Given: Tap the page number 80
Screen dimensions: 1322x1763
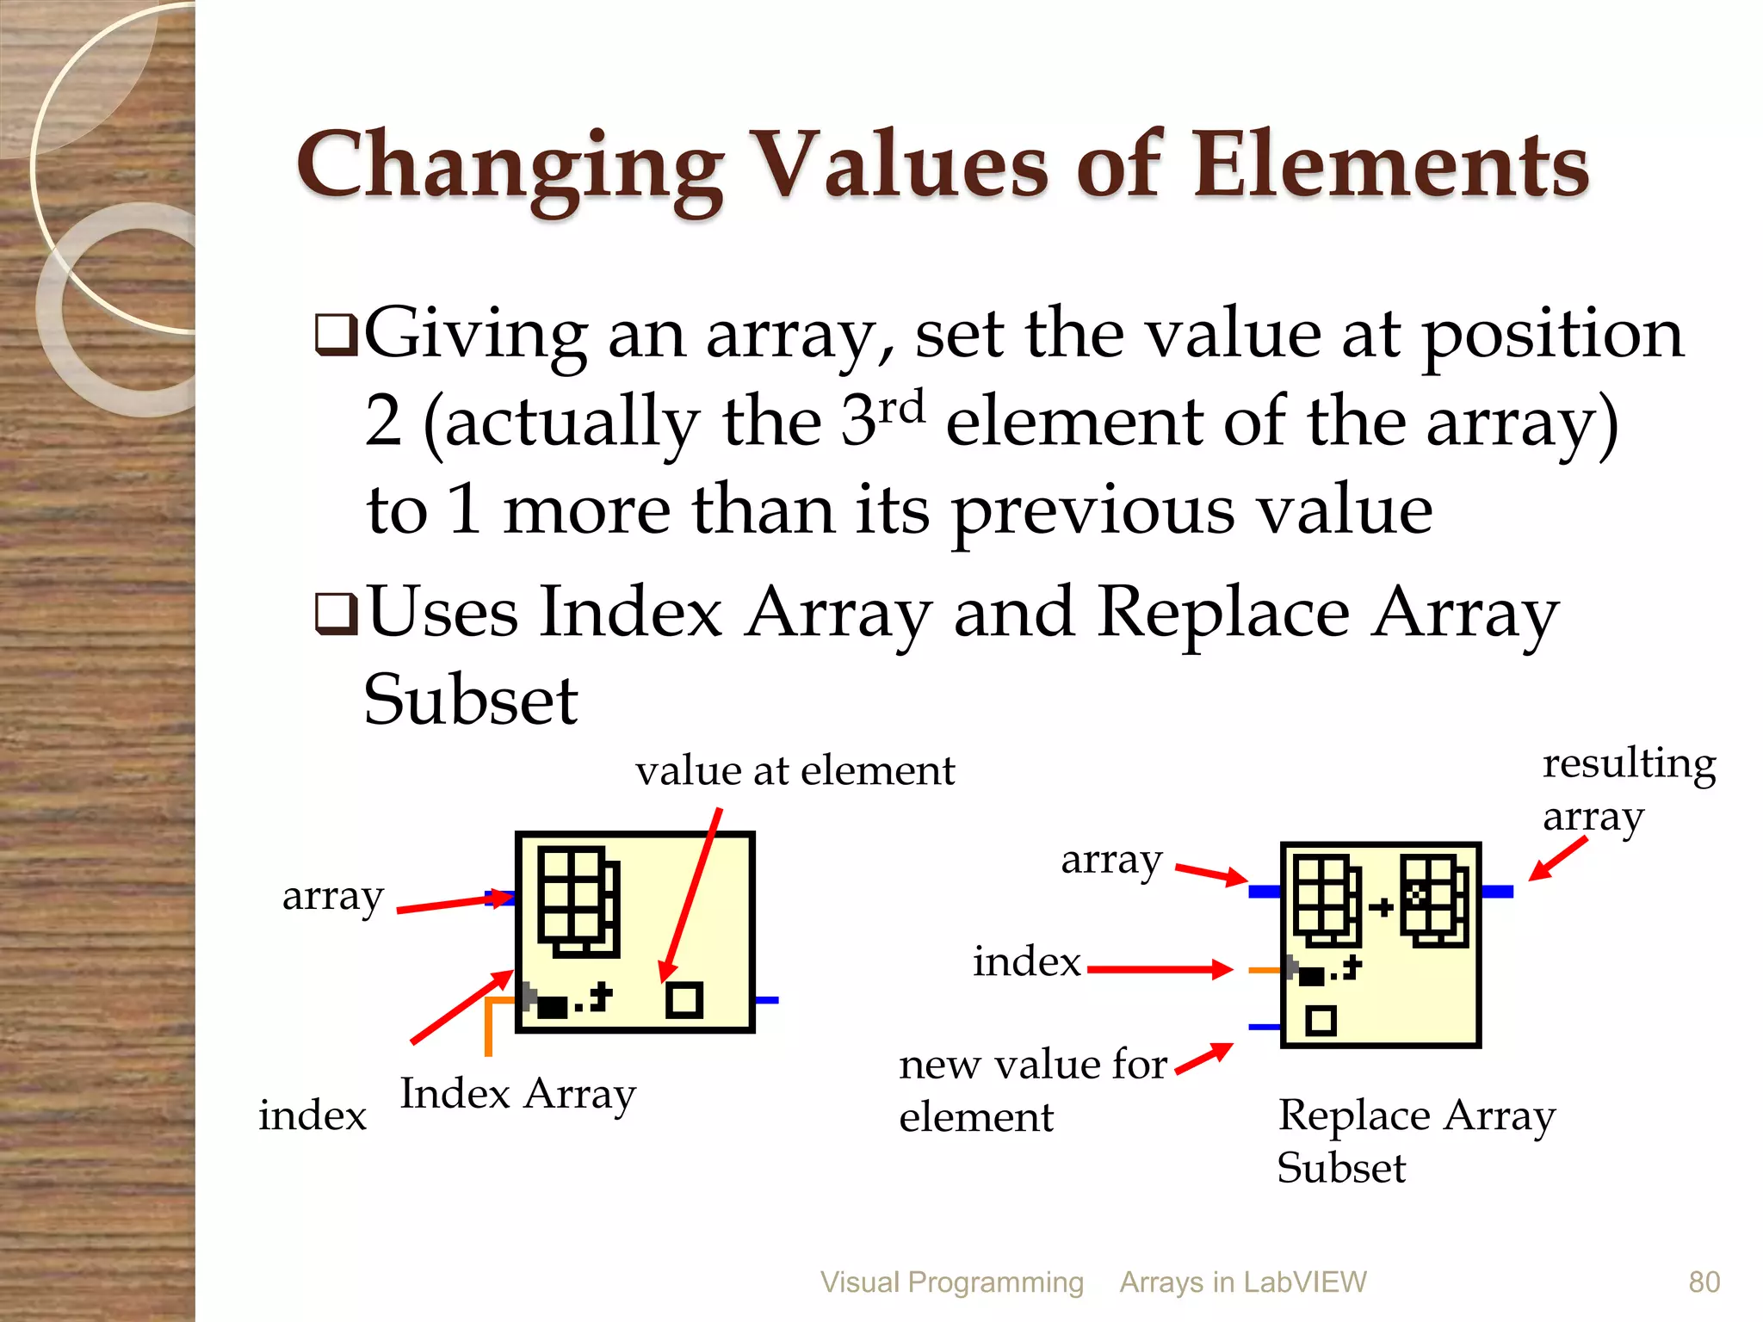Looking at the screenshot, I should pos(1704,1282).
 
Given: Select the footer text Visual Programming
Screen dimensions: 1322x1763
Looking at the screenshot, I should pos(951,1282).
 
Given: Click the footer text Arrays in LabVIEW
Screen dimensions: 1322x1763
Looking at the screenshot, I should pos(1242,1282).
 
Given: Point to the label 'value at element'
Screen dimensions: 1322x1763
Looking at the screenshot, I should pos(795,770).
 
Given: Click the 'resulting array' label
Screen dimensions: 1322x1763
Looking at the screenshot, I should pos(1627,789).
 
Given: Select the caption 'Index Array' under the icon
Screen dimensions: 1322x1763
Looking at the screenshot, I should pos(517,1095).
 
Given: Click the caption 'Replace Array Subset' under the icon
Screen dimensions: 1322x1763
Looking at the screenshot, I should pos(1415,1140).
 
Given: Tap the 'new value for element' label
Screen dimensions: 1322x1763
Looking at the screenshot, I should pos(1032,1090).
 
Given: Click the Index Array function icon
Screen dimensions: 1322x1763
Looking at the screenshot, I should pos(634,931).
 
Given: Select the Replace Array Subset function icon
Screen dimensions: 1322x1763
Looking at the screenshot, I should pos(1380,944).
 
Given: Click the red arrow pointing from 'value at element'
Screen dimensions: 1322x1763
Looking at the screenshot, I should pos(690,895).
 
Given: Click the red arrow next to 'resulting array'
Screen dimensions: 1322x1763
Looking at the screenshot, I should pos(1557,859).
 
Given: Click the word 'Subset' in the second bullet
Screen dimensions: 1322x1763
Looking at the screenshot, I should pos(470,701).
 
